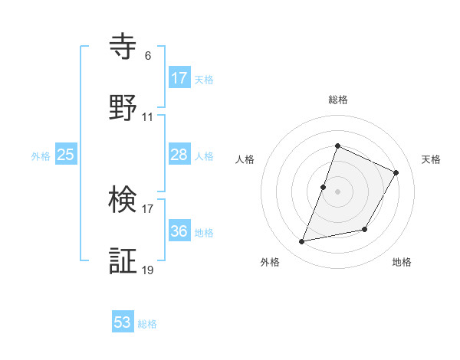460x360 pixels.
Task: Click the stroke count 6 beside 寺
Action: pyautogui.click(x=148, y=56)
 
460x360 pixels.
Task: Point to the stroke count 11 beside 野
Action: pyautogui.click(x=148, y=117)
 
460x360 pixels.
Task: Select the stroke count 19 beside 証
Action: pyautogui.click(x=148, y=270)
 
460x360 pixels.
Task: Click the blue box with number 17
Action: pyautogui.click(x=179, y=78)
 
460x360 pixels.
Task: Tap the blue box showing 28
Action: pyautogui.click(x=179, y=155)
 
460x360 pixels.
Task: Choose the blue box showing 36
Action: pyautogui.click(x=179, y=231)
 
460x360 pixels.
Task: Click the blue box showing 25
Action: pyautogui.click(x=66, y=155)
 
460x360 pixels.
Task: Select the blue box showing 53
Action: pyautogui.click(x=123, y=322)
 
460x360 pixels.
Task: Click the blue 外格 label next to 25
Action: pyautogui.click(x=41, y=156)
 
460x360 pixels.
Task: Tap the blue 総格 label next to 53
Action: pyautogui.click(x=147, y=324)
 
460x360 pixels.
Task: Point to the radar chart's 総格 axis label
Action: pyautogui.click(x=338, y=100)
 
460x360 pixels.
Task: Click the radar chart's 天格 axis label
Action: pyautogui.click(x=432, y=159)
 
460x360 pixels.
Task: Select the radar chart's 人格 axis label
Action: pyautogui.click(x=245, y=159)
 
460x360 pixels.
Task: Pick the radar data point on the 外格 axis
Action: pyautogui.click(x=302, y=242)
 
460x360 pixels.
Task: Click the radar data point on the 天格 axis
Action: pyautogui.click(x=396, y=172)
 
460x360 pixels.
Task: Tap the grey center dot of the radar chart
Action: pyautogui.click(x=338, y=191)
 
